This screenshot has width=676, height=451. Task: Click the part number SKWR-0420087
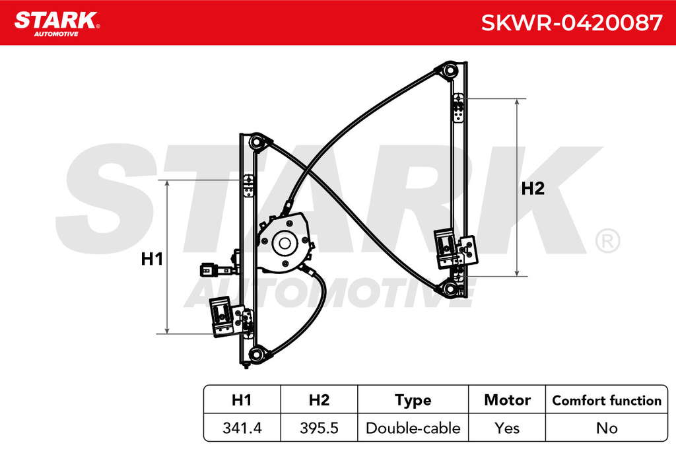pyautogui.click(x=571, y=23)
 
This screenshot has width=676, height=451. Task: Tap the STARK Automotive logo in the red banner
pyautogui.click(x=57, y=24)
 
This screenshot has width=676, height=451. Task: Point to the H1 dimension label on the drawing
pyautogui.click(x=152, y=259)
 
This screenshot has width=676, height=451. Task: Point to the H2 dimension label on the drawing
pyautogui.click(x=533, y=188)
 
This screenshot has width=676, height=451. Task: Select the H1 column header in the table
pyautogui.click(x=242, y=400)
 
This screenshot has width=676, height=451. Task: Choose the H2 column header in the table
pyautogui.click(x=319, y=400)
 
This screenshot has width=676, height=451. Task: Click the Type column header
pyautogui.click(x=413, y=401)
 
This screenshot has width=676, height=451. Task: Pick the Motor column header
pyautogui.click(x=507, y=400)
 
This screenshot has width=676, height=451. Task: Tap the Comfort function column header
pyautogui.click(x=607, y=401)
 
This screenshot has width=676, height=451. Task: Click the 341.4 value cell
pyautogui.click(x=242, y=428)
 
